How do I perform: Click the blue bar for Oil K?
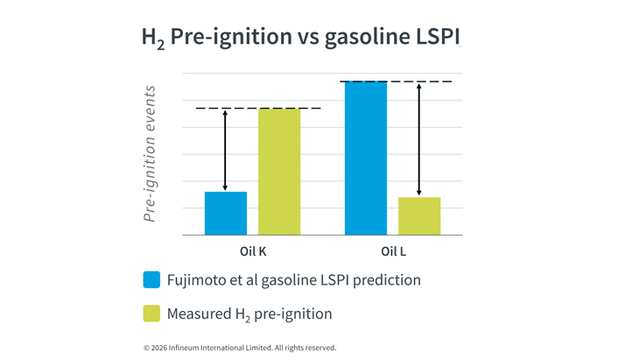coord(226,213)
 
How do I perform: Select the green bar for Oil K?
coord(279,172)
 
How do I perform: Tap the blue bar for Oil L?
coord(366,158)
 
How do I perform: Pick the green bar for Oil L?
coord(419,215)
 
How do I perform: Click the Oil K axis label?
coord(253,252)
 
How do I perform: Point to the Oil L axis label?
coord(393,252)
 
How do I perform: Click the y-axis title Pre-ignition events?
coord(150,153)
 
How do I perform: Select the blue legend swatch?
coord(151,280)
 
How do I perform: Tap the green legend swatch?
coord(151,313)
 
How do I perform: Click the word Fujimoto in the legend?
coord(197,280)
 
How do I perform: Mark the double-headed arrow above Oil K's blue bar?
coord(225,150)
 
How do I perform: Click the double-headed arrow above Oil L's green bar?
coord(419,139)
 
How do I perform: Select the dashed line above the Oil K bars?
coord(257,109)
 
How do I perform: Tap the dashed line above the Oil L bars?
coord(396,81)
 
